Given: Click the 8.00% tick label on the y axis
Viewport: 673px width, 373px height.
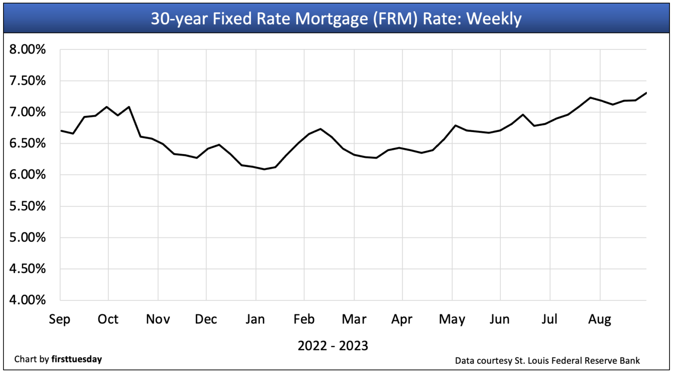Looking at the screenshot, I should coord(27,49).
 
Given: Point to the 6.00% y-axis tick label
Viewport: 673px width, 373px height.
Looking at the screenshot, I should coord(27,175).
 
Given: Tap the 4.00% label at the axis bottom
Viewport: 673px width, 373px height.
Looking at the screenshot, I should coord(27,300).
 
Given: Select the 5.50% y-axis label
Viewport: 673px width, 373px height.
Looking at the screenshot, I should coord(27,206).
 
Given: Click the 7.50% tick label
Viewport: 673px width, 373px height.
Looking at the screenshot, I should coord(27,81).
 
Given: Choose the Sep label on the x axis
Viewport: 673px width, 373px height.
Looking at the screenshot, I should coord(60,319).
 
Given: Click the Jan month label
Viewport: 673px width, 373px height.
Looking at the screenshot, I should coord(255,319).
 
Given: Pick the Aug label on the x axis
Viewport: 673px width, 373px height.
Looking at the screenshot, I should coord(599,319).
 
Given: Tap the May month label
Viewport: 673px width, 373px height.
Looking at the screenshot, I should coord(452,319).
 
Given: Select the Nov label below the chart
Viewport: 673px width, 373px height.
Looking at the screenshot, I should coord(158,319).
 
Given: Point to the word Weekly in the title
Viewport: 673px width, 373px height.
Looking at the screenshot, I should coord(494,18).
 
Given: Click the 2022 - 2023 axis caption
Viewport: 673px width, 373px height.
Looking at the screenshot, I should coord(333,346).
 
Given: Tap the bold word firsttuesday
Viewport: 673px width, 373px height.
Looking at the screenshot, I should coord(77,359).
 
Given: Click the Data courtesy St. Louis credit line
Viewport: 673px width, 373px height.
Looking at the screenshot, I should coord(547,361).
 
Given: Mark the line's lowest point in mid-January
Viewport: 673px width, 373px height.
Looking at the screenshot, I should coord(264,169).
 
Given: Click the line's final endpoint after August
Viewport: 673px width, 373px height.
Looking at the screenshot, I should coord(646,93).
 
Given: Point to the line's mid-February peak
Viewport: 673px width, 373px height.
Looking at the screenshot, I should coord(321,129).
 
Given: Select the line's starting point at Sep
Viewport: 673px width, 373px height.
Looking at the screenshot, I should coord(60,130).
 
